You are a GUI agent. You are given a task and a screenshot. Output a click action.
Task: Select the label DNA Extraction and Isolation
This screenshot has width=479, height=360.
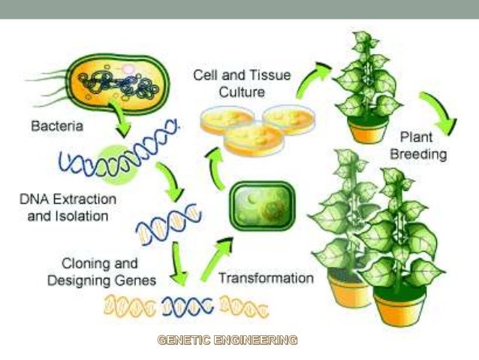click(68, 207)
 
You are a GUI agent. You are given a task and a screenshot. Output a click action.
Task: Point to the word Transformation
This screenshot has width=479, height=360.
click(266, 278)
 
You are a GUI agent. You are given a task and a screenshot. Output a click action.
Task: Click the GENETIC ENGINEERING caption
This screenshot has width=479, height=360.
click(227, 340)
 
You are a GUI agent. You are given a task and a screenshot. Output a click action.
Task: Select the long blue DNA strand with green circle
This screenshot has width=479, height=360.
click(116, 155)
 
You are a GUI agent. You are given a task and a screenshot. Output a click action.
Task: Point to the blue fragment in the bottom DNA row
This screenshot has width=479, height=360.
click(188, 306)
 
